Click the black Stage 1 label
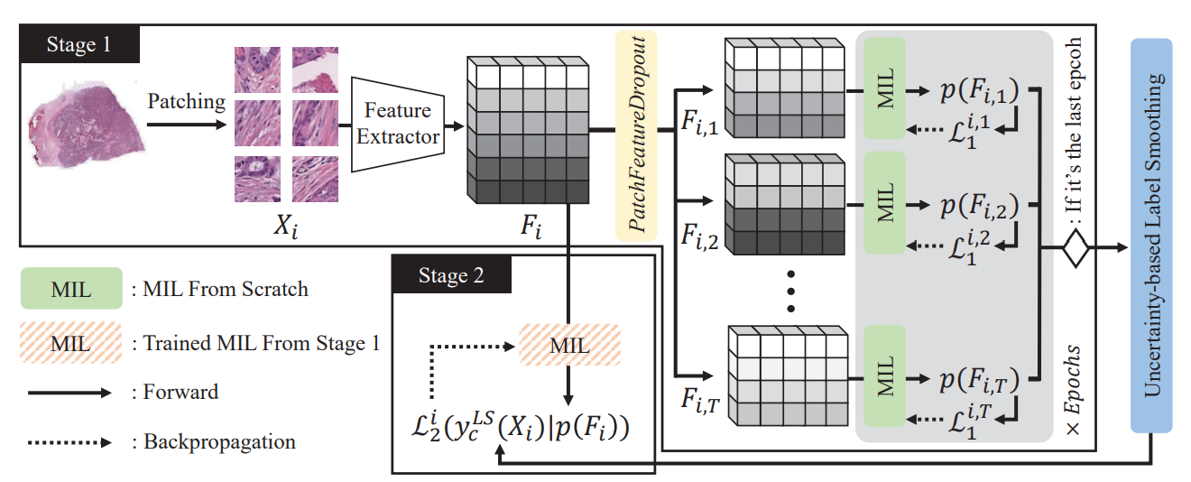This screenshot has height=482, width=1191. [x=80, y=43]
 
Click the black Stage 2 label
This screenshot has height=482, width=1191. [x=452, y=274]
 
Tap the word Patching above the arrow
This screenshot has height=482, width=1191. [x=187, y=101]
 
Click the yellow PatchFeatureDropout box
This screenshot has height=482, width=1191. [x=636, y=135]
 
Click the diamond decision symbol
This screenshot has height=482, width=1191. [x=1075, y=248]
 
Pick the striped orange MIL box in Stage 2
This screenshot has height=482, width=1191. [x=568, y=344]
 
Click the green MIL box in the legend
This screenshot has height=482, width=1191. [x=70, y=289]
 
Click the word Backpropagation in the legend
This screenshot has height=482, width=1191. [x=220, y=442]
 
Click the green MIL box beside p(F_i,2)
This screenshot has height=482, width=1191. [x=886, y=203]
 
